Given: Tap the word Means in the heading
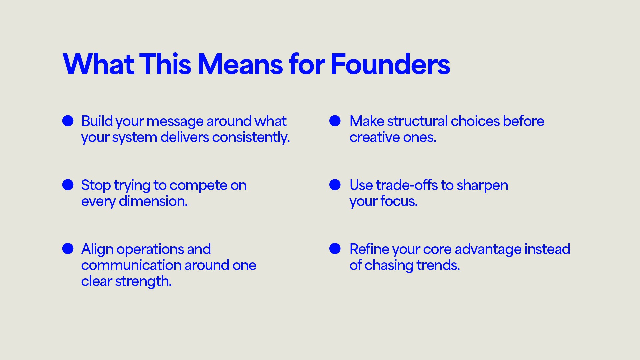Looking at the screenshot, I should pos(240,64).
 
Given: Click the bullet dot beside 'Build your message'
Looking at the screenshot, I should pos(68,121).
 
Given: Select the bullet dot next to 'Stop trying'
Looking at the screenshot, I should pos(68,185).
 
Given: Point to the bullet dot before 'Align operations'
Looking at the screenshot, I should pos(68,249).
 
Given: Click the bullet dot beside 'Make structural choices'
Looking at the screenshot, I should pos(335,121).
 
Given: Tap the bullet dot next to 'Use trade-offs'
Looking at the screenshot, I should pos(335,185).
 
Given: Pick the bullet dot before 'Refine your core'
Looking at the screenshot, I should pos(335,249).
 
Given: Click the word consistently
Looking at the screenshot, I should pos(251,137).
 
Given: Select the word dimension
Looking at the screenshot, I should pos(153,201).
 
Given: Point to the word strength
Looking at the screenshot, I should pos(143,281).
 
